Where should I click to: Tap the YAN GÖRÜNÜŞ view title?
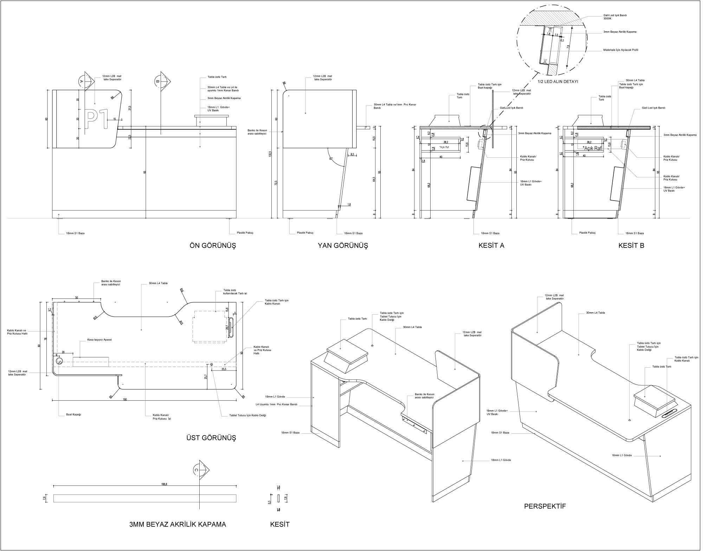click(343, 246)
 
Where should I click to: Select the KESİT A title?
click(491, 246)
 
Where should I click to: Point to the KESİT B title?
click(631, 246)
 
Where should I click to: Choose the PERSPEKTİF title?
click(545, 506)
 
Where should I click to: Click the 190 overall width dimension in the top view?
click(125, 400)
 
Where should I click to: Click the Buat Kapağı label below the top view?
click(74, 415)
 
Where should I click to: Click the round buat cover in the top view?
click(59, 361)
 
